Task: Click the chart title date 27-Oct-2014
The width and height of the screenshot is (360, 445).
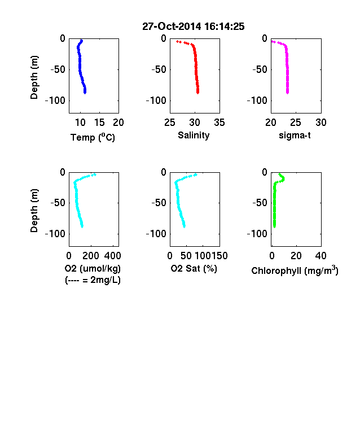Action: tap(172, 27)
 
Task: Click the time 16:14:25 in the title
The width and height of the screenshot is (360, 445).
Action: tap(224, 27)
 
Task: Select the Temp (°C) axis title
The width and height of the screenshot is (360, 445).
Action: tap(93, 137)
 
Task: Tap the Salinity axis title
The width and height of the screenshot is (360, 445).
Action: tap(194, 136)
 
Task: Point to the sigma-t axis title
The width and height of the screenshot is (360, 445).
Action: tap(295, 136)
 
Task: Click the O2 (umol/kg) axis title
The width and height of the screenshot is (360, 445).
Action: tap(93, 268)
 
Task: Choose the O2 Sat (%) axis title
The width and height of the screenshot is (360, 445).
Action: tap(194, 268)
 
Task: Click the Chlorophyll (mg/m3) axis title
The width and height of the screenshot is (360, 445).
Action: tap(295, 271)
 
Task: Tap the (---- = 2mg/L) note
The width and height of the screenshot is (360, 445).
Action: tap(93, 280)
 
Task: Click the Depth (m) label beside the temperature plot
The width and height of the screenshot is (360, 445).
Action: tap(34, 77)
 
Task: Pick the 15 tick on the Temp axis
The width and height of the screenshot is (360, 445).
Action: tap(99, 123)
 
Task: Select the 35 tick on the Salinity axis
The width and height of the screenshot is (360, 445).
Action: tap(219, 123)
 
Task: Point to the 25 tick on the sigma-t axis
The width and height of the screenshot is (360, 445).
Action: tap(295, 123)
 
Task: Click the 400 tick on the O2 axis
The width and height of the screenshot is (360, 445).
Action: tap(112, 256)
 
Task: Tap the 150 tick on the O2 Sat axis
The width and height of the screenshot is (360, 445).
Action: tap(219, 256)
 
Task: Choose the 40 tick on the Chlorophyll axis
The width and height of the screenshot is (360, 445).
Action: tap(321, 256)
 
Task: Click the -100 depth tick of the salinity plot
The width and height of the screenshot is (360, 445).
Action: tap(156, 101)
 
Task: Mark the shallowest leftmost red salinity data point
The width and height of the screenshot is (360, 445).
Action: tap(177, 41)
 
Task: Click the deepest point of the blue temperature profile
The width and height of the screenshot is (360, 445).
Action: tap(85, 93)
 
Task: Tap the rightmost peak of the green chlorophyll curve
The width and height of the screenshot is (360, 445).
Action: tap(283, 179)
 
